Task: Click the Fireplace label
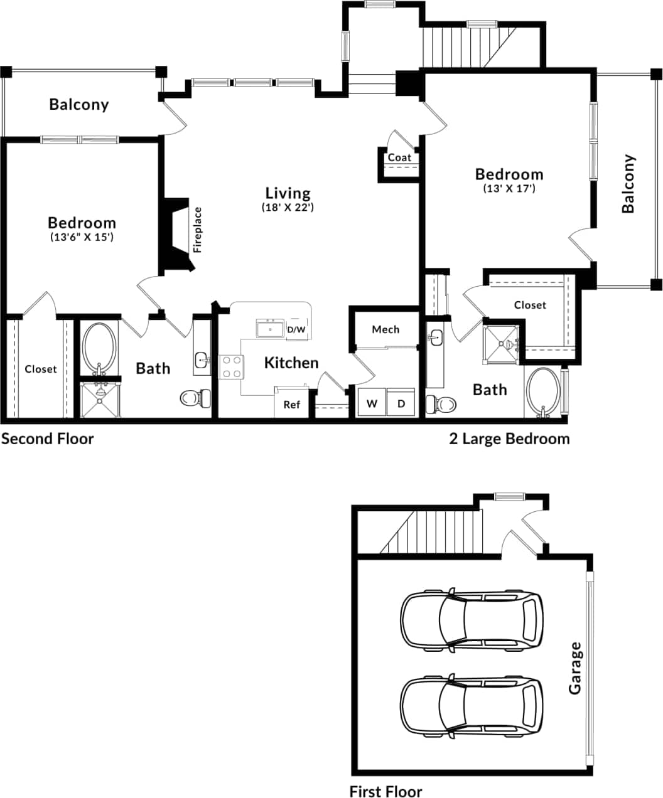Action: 198,230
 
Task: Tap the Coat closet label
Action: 399,157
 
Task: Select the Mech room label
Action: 385,329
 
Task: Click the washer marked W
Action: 372,403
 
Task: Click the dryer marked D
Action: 401,403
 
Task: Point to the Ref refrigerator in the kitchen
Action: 291,405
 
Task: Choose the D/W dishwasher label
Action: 296,329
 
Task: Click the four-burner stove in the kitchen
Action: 231,366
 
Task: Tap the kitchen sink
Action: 271,328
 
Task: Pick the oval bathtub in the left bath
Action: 99,347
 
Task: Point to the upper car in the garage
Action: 472,620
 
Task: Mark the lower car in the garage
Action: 472,706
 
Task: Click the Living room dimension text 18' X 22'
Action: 288,207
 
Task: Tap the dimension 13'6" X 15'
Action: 82,237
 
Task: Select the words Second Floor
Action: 47,439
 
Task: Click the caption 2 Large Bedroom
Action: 509,439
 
